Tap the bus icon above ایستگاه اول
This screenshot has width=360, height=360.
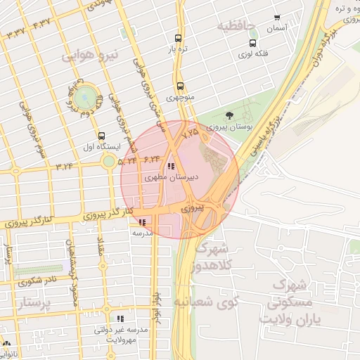pos(102,136)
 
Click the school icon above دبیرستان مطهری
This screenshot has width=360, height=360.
pos(171,167)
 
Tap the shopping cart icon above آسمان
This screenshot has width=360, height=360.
pos(276,18)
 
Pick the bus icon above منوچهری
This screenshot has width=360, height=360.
pos(180,86)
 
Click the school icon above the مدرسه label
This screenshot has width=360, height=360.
pos(143,221)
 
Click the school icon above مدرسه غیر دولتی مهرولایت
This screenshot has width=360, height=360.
pos(120,318)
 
